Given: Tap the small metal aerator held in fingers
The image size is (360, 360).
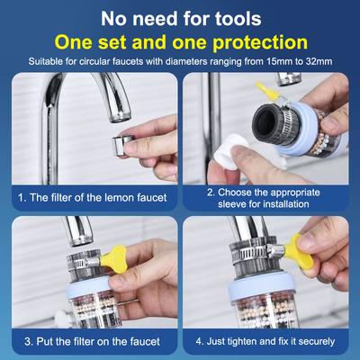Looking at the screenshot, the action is click(x=122, y=145).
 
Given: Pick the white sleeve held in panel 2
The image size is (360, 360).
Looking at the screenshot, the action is click(x=229, y=152).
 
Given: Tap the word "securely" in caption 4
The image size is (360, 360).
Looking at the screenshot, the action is click(x=317, y=341).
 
